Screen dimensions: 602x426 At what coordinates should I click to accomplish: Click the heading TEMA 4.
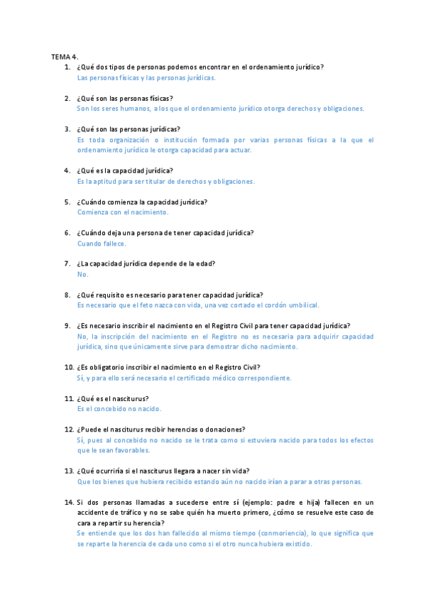[x=64, y=56]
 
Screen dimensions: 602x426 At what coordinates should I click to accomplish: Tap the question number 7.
[x=67, y=263]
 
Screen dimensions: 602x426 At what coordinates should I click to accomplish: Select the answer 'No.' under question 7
[x=82, y=274]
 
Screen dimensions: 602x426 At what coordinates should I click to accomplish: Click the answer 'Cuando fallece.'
[x=102, y=243]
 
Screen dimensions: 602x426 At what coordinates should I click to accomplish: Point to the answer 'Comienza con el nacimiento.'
[x=123, y=212]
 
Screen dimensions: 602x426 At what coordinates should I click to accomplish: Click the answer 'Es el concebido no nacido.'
[x=119, y=409]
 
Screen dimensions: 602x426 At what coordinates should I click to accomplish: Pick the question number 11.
[x=69, y=399]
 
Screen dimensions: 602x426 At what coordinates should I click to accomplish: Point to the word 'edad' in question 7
[x=206, y=263]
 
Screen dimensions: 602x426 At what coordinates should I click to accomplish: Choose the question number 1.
[x=67, y=67]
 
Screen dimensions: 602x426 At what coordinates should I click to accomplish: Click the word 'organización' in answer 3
[x=129, y=140]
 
